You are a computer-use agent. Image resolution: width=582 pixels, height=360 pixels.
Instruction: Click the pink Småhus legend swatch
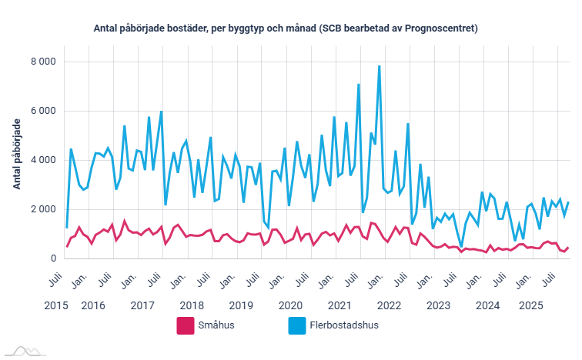[x=185, y=325]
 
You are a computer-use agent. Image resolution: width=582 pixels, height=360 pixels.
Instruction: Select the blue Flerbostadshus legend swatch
[x=295, y=325]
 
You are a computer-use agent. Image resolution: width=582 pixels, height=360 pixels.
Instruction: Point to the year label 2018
[x=192, y=305]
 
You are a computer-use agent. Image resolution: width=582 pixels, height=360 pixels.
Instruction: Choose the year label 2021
[x=339, y=305]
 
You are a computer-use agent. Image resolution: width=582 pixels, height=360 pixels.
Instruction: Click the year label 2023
[x=438, y=305]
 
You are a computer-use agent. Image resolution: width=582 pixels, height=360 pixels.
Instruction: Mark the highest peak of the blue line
[x=379, y=66]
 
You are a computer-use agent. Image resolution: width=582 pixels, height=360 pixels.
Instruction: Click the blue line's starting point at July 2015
[x=67, y=227]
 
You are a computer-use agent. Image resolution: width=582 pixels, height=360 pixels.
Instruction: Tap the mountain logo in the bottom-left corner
[x=22, y=352]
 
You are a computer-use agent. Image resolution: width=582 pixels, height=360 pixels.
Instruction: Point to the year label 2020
[x=290, y=305]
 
